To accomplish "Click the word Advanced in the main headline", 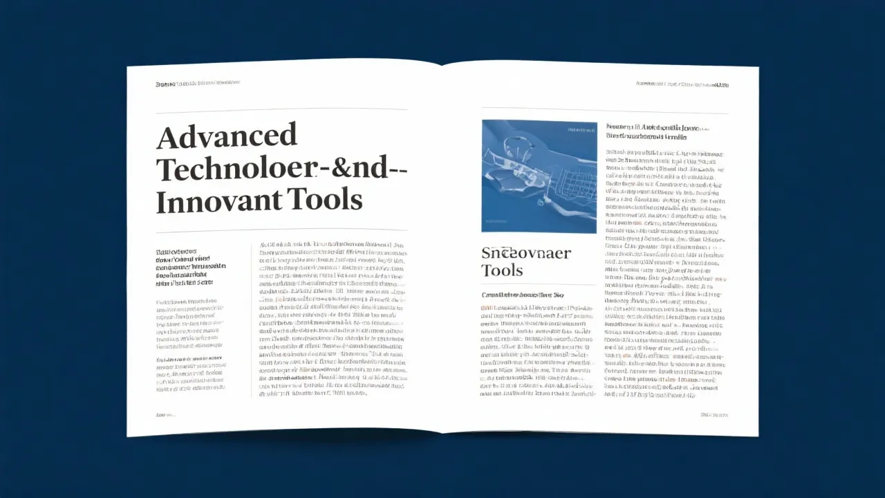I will click(x=226, y=136).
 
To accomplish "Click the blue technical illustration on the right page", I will click(x=539, y=176).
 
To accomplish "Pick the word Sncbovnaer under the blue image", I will click(x=526, y=253).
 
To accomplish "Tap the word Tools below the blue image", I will click(x=502, y=270).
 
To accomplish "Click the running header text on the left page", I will click(x=198, y=84).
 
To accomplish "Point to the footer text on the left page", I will click(x=166, y=414).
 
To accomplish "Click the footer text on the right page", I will click(x=714, y=415).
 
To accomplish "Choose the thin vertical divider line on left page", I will click(x=250, y=318).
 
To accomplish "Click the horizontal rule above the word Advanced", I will click(x=281, y=110).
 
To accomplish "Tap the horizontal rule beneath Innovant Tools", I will click(x=281, y=230).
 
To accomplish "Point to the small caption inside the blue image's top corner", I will click(x=581, y=129).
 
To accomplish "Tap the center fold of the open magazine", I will click(x=441, y=249).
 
